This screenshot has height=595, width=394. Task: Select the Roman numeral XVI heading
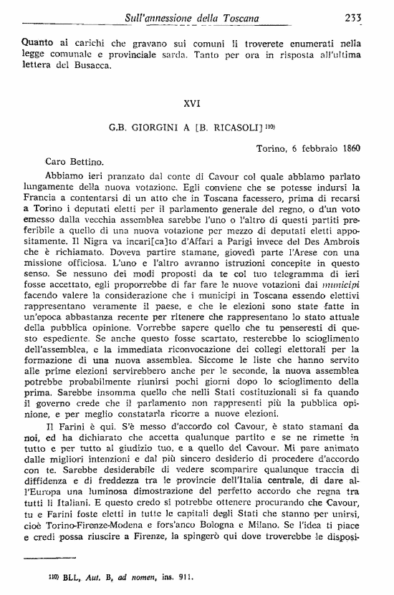click(192, 103)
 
